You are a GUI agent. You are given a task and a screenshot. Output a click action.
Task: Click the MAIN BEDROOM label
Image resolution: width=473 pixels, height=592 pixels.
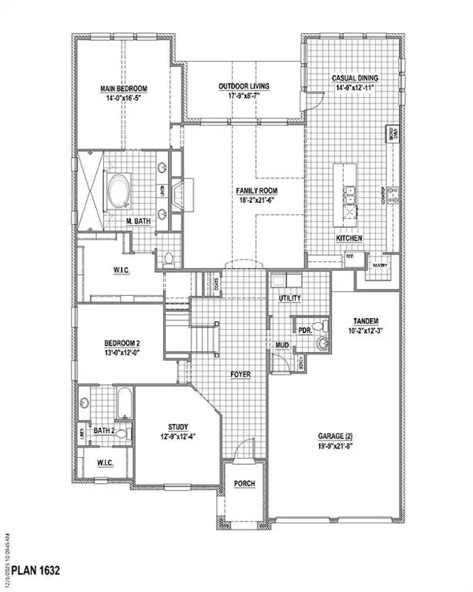123,89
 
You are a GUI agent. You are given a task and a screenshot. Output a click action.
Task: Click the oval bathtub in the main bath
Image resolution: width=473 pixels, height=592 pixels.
120,190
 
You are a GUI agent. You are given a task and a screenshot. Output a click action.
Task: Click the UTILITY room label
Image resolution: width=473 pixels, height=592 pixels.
291,298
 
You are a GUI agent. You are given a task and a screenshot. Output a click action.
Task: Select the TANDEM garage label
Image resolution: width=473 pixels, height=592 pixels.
366,320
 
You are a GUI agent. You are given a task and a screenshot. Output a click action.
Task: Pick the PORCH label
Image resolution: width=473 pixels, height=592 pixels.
244,483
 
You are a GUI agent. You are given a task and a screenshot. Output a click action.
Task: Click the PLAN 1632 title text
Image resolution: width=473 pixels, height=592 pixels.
30,568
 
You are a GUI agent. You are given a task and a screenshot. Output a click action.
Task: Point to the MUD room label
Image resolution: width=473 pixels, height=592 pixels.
281,345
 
